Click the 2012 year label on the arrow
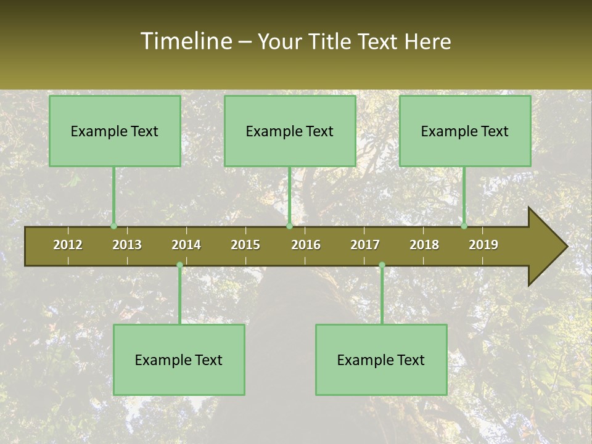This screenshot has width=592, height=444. [68, 245]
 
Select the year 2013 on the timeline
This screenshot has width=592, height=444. [127, 245]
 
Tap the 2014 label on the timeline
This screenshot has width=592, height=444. [186, 245]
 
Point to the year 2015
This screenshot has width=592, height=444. [245, 245]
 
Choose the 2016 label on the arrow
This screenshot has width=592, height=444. [306, 245]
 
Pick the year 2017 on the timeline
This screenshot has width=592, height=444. [365, 245]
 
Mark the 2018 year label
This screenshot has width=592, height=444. [424, 245]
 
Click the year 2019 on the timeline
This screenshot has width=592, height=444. [483, 245]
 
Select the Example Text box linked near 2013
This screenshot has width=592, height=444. [115, 131]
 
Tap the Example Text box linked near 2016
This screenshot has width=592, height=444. [290, 131]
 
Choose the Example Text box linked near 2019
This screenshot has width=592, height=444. [465, 131]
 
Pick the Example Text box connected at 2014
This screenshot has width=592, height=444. [179, 360]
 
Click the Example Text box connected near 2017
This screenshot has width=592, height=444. [381, 360]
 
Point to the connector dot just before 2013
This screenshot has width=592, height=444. [113, 226]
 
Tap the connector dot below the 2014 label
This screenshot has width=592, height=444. [179, 265]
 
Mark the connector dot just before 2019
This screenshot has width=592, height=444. [464, 226]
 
